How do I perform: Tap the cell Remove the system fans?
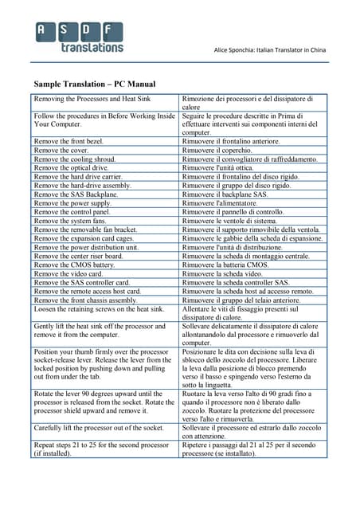pyautogui.click(x=72, y=220)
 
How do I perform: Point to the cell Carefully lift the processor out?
pyautogui.click(x=98, y=427)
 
